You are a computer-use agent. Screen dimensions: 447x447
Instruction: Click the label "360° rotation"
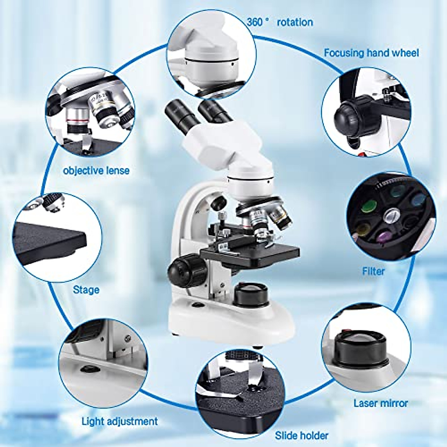point(280,22)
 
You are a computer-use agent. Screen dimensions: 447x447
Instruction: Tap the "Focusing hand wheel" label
point(371,53)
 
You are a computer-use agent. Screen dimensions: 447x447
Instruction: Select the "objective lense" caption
point(96,171)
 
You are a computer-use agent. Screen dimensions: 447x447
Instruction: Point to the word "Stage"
point(86,289)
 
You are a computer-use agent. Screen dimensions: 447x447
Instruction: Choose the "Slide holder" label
point(302,435)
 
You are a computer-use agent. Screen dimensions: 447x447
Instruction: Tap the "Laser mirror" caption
point(381,403)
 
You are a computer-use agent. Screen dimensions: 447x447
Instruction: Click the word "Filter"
point(373,271)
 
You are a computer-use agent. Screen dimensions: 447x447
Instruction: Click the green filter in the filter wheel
point(370,206)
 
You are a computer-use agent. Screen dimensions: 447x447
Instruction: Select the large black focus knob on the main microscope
point(184,269)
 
